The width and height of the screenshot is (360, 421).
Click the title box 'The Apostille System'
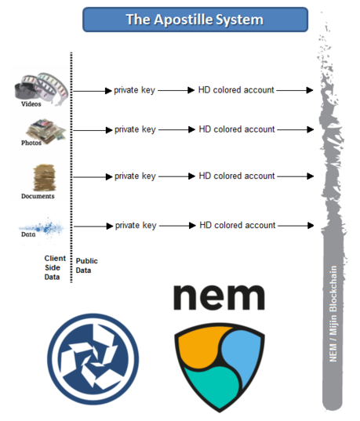(x=195, y=20)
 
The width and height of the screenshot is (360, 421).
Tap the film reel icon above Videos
(x=41, y=87)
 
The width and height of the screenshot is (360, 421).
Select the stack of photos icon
(x=46, y=131)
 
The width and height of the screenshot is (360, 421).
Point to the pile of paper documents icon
(x=45, y=177)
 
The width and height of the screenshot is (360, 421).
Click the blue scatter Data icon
(x=42, y=228)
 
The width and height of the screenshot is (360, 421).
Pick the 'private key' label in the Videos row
(x=134, y=90)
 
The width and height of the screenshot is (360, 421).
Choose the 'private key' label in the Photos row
(x=135, y=129)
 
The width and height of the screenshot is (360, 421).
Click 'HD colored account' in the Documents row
(x=237, y=176)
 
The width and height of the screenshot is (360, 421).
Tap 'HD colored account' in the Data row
(x=238, y=225)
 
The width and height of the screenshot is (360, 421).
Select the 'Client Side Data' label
(x=55, y=267)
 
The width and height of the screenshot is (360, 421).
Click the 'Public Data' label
(x=86, y=266)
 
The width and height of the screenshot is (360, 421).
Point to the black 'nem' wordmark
(x=220, y=297)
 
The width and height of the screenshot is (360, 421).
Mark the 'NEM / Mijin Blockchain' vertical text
(x=333, y=314)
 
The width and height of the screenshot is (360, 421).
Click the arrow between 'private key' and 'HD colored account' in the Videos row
(x=176, y=90)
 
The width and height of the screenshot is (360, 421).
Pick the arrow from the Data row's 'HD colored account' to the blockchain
(x=296, y=226)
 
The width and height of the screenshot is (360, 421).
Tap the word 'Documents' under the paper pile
(x=38, y=196)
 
